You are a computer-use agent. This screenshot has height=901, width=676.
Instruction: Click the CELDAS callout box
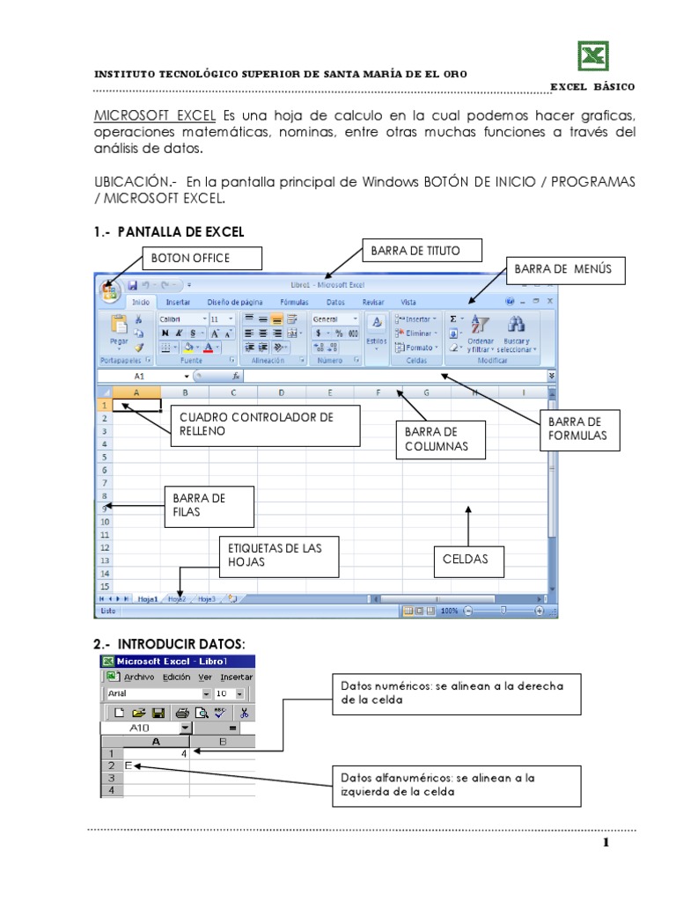pos(471,560)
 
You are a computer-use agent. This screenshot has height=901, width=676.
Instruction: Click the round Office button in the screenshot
pos(110,289)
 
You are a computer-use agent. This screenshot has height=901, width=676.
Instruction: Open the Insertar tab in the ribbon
pos(178,302)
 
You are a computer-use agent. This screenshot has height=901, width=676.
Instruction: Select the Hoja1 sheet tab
pos(147,598)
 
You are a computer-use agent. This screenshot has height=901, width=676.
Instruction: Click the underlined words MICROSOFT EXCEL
pos(155,116)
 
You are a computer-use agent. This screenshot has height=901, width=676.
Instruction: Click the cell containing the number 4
pos(157,753)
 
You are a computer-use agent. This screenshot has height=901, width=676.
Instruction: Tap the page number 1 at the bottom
pos(606,844)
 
